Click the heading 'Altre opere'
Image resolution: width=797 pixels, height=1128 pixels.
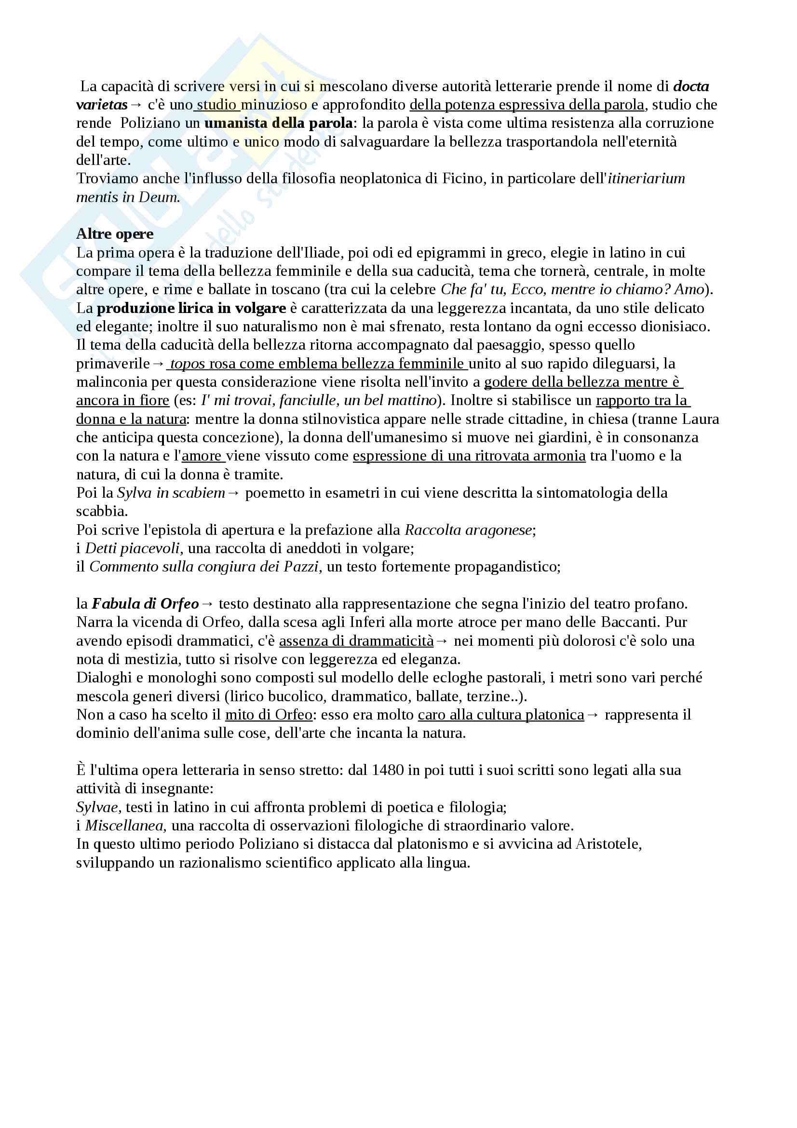coord(114,234)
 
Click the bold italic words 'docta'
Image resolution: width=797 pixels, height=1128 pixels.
coord(691,86)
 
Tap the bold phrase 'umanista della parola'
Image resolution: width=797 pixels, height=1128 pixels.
coord(278,123)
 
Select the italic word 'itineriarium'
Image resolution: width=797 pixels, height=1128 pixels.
coord(646,178)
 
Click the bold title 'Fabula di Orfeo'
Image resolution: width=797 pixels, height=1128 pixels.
coord(145,603)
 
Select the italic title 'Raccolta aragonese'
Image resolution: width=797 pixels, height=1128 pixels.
coord(469,530)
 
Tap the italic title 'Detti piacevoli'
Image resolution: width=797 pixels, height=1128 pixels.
coord(134,548)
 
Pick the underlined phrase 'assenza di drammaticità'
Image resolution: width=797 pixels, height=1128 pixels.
coord(356,640)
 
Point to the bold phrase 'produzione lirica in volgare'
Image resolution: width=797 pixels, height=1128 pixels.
coord(191,308)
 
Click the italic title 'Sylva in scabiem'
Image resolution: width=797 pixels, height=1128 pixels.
coord(171,493)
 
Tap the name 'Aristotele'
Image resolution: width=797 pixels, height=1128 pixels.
coord(608,844)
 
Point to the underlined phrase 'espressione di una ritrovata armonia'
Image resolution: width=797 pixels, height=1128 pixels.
coord(469,456)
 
